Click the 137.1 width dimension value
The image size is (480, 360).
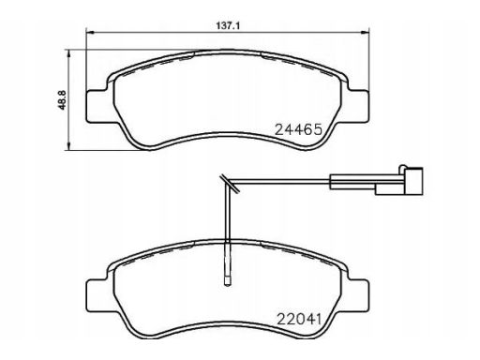pos(228,25)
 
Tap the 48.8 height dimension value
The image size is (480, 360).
pos(62,99)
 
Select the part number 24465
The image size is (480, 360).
pos(298,129)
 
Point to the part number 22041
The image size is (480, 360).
pos(299,319)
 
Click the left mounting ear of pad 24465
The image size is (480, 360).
pos(97,106)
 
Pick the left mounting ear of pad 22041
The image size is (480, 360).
pos(97,295)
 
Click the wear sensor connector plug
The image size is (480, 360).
pos(413,181)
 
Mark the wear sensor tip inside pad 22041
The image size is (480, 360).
pos(228,280)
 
